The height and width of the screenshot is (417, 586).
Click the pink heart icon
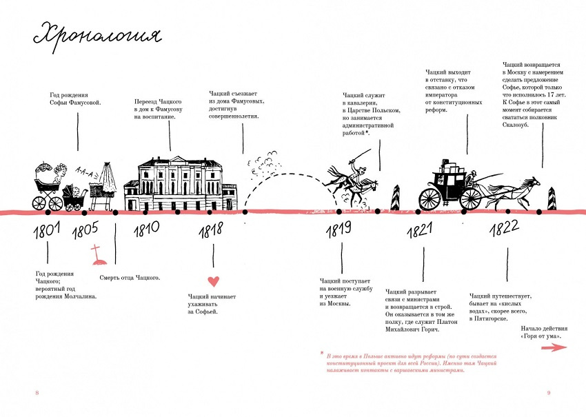click(x=213, y=281)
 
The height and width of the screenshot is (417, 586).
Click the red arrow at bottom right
click(x=554, y=348)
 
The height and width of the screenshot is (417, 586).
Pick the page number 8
click(x=37, y=393)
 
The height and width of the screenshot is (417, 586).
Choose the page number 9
click(x=549, y=393)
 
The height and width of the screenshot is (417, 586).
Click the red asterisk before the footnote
click(x=321, y=353)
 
